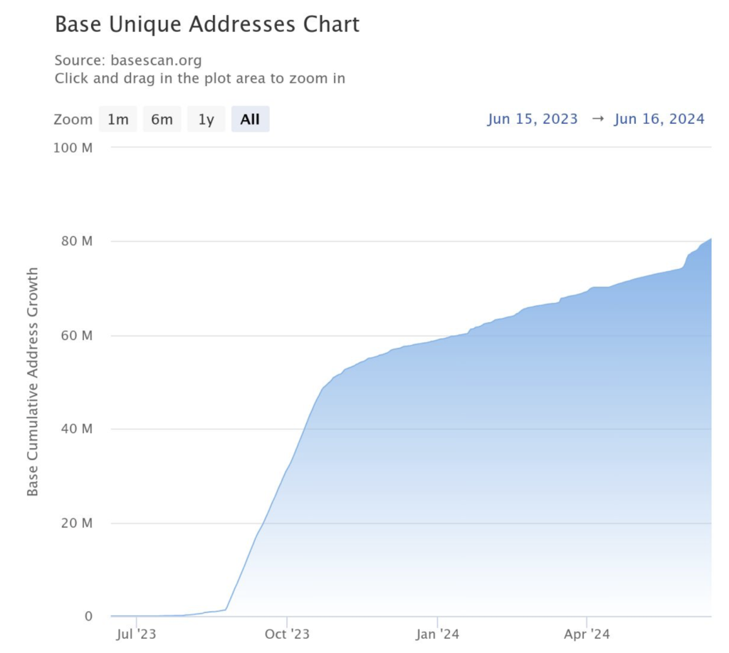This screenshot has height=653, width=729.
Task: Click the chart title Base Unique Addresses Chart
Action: click(207, 25)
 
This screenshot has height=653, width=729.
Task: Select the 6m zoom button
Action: click(162, 120)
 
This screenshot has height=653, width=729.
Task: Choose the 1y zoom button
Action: click(206, 120)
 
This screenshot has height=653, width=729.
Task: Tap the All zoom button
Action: click(250, 120)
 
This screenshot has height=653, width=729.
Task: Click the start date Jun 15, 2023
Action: click(533, 119)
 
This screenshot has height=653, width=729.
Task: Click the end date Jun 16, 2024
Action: click(659, 119)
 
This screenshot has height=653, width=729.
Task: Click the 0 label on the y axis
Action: click(89, 616)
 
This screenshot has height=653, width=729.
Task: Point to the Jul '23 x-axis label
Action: click(136, 633)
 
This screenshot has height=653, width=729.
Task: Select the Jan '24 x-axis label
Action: click(438, 633)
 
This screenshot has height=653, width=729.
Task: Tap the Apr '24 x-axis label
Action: click(587, 633)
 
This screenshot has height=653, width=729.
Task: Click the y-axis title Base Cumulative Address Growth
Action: click(33, 382)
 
